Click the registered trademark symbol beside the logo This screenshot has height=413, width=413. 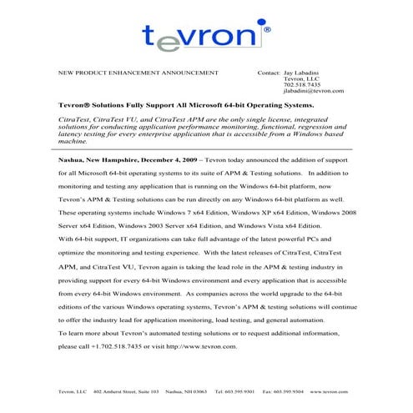coord(266,28)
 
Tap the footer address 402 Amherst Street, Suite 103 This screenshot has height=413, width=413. coord(126,390)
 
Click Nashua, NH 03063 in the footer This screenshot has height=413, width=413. coord(186,390)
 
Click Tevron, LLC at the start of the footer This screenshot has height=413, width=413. coord(72,390)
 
